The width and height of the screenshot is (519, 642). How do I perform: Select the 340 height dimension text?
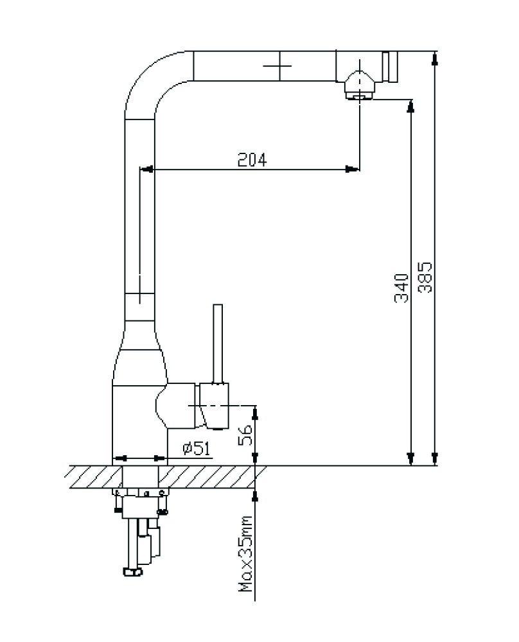(x=401, y=288)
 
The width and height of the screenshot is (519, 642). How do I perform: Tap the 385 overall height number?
(x=425, y=277)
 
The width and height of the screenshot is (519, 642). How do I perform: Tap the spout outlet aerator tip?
(x=359, y=96)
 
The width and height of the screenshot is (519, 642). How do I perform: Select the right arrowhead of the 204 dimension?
(x=353, y=169)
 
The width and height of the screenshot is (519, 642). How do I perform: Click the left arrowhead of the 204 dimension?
(x=147, y=169)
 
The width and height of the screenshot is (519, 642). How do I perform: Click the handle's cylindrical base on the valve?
(x=215, y=404)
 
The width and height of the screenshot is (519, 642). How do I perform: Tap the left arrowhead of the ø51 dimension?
(x=120, y=458)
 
